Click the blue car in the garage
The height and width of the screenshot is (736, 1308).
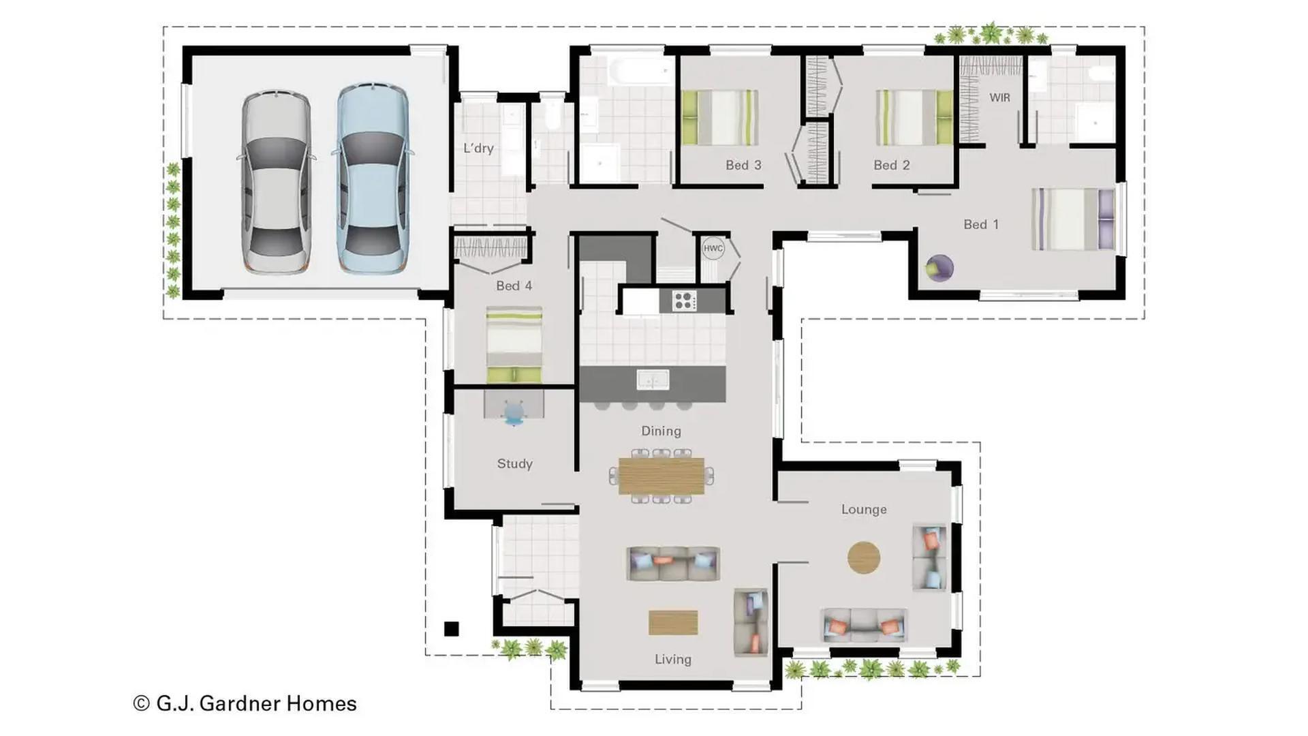tap(373, 179)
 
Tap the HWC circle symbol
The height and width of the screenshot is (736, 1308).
tap(713, 248)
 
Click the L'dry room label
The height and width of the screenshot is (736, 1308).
tap(478, 148)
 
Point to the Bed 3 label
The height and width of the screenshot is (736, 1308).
tap(743, 165)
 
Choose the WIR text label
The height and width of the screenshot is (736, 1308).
tap(999, 97)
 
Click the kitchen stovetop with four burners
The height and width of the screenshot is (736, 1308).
tap(684, 301)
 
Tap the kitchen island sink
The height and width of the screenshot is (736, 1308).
tap(653, 380)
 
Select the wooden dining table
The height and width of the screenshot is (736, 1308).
tap(661, 476)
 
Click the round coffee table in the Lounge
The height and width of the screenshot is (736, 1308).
tap(864, 557)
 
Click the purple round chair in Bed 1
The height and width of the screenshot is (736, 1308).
tap(939, 268)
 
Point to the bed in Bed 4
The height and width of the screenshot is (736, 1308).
tap(514, 345)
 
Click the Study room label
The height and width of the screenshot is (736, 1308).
tap(514, 463)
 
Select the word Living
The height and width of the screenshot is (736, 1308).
tap(673, 659)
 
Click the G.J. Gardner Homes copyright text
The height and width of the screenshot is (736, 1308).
tap(245, 703)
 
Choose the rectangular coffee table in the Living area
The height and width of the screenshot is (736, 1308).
tap(673, 622)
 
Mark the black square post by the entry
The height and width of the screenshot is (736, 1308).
tap(451, 629)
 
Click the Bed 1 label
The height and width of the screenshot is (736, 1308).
tap(981, 224)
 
